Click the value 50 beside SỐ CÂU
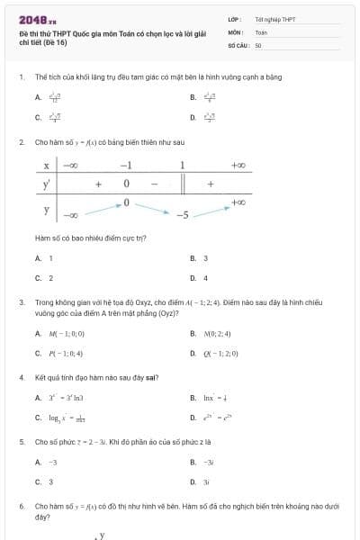tap(258, 43)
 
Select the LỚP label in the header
tap(233, 19)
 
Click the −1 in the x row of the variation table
tap(127, 165)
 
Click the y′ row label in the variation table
tap(46, 184)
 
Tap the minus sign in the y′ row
tap(154, 184)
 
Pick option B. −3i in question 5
tap(202, 462)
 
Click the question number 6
tap(21, 507)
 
